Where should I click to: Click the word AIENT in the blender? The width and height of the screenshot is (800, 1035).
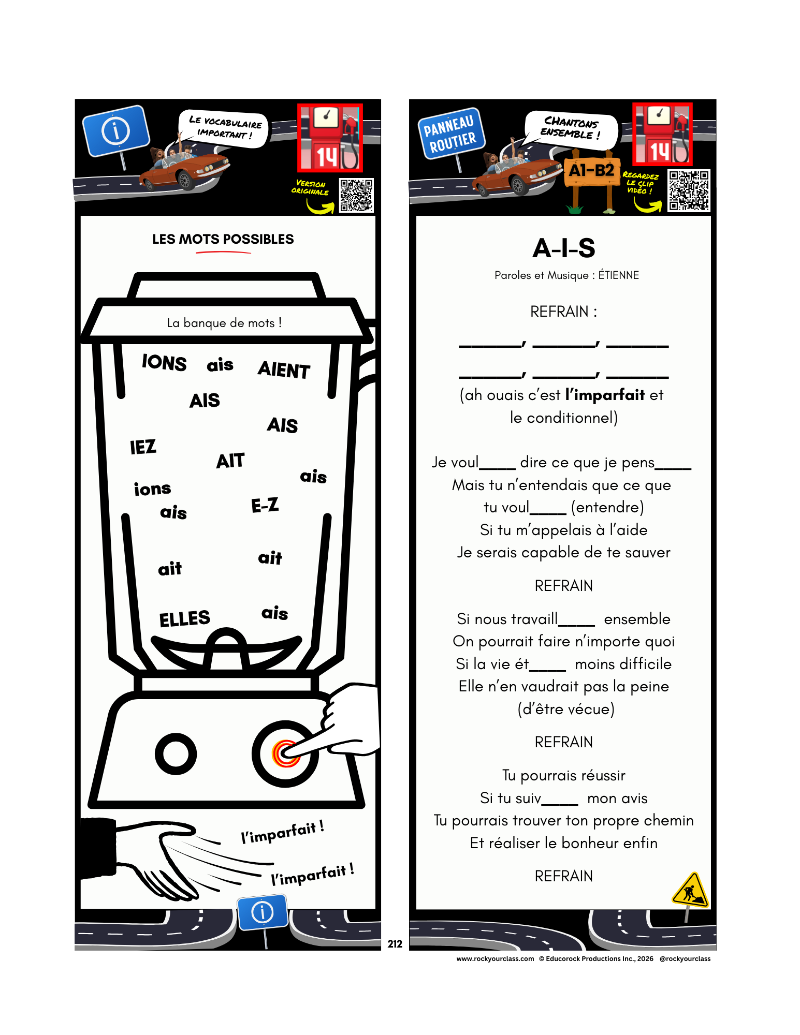coord(284,369)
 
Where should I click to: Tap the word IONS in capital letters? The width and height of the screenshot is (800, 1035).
coord(164,362)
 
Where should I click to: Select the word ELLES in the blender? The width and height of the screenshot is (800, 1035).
coord(185,618)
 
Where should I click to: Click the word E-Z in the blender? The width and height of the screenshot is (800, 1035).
coord(265,505)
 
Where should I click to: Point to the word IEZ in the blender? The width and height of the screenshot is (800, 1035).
coord(143,447)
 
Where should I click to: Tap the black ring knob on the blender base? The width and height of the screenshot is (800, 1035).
coord(176,753)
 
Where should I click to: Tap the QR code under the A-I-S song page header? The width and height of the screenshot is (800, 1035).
coord(688,190)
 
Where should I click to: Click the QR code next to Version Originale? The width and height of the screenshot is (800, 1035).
coord(356,195)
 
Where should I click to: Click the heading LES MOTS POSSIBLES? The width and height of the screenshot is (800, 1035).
coord(223,239)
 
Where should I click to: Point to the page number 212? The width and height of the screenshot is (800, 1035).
coord(395,944)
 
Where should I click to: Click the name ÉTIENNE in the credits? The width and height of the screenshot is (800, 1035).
coord(619,275)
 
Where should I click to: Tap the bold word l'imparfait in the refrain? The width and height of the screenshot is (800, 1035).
coord(605,395)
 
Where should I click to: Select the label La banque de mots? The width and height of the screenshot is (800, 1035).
coord(224,323)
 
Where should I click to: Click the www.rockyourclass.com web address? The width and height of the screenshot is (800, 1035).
coord(495,958)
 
